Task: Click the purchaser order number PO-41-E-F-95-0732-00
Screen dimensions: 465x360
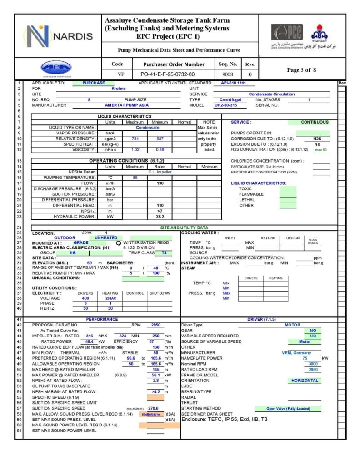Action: (x=168, y=74)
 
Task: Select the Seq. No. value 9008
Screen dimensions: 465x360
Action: (x=228, y=74)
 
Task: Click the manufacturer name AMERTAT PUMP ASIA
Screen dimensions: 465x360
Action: (x=117, y=105)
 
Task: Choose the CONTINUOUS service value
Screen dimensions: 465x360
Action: (x=315, y=122)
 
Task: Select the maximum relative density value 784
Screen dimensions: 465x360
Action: (x=135, y=138)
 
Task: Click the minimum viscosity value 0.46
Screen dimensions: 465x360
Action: (x=160, y=149)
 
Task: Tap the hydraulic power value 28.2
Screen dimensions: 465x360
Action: (x=160, y=216)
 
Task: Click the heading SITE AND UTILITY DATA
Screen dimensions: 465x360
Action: (x=184, y=228)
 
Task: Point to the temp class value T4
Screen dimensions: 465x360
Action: (x=164, y=252)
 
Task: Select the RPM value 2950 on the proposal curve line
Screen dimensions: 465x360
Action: (x=155, y=325)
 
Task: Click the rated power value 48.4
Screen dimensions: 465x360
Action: (x=90, y=341)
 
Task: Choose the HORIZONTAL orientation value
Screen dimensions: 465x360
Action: (x=305, y=380)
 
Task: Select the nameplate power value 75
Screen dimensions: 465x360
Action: (x=305, y=358)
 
